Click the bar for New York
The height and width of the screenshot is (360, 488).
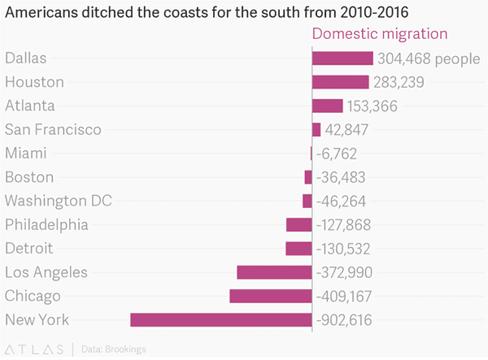221,320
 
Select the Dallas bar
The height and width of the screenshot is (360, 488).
342,59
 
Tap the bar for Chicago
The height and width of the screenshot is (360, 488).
271,296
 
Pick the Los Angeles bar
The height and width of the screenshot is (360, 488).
274,272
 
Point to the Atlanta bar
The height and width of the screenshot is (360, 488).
328,106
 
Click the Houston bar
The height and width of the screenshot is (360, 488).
341,82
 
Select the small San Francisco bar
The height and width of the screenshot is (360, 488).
316,129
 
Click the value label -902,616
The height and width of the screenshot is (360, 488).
344,320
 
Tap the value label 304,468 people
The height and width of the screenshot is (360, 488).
429,59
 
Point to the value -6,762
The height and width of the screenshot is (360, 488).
336,154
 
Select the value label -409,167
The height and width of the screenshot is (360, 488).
344,296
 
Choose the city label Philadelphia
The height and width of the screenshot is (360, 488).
46,225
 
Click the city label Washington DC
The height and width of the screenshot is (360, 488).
59,201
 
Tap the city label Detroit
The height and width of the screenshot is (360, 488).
29,249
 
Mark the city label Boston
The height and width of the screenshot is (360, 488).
29,177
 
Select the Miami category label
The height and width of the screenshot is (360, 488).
25,154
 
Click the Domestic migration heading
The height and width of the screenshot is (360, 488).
380,34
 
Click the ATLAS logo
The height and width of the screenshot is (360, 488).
34,349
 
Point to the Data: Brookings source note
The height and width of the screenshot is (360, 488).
114,349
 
